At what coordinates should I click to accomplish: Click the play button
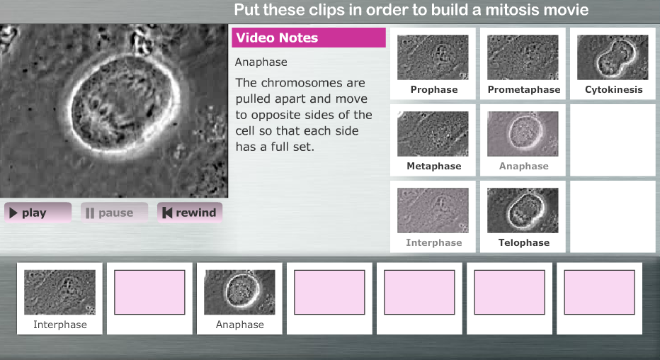pos(38,213)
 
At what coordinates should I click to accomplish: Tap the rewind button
pos(190,213)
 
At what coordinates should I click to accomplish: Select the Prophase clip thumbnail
pos(433,57)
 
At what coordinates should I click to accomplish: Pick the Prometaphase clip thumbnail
pos(523,57)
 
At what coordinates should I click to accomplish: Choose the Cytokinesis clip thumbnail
pos(613,57)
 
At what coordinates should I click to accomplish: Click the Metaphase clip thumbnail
pos(433,134)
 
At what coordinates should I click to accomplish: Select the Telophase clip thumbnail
pos(523,210)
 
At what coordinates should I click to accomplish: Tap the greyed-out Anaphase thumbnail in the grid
pos(523,134)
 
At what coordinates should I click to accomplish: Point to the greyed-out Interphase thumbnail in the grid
pos(433,210)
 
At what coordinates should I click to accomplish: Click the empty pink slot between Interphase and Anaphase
pos(149,292)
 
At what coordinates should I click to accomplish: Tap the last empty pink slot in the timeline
pos(599,292)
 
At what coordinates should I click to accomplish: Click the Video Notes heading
pos(277,38)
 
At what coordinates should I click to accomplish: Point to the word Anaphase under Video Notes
pos(261,62)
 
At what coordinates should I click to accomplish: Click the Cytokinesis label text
pos(614,90)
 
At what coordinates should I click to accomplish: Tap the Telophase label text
pos(523,243)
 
